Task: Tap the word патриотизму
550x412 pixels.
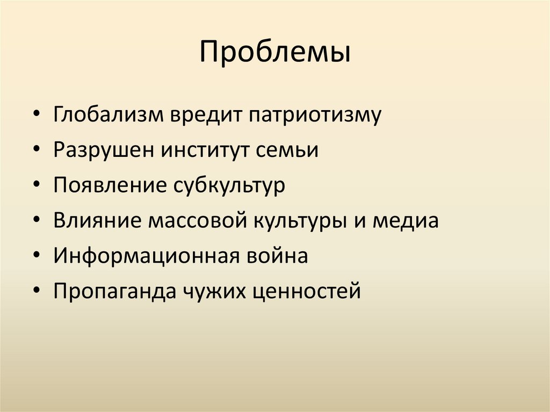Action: (x=314, y=116)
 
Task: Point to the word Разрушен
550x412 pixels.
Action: (x=102, y=151)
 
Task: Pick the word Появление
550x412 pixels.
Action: (x=110, y=186)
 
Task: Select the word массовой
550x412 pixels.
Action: (x=199, y=221)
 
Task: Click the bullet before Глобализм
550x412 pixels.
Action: (x=35, y=116)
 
